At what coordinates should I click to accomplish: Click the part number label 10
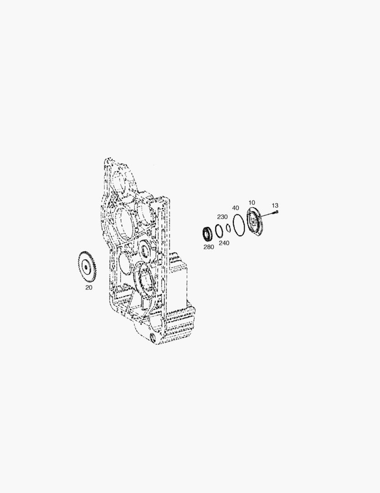coord(252,203)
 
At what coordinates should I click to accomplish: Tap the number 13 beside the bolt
coord(275,205)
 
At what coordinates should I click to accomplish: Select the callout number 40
coord(236,208)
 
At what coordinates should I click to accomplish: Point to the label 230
coord(222,217)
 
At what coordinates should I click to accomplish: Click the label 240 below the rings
coord(224,243)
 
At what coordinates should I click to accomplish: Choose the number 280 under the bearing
coord(209,247)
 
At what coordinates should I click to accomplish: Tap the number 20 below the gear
coord(89,288)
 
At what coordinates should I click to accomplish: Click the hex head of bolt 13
coord(277,212)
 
